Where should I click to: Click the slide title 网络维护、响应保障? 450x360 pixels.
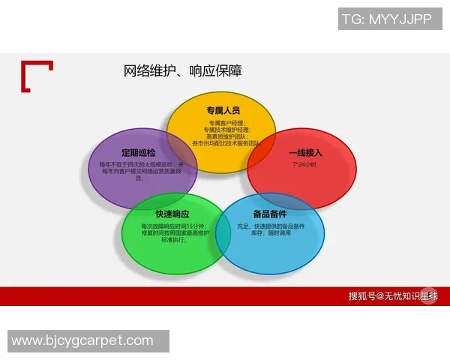pyautogui.click(x=182, y=71)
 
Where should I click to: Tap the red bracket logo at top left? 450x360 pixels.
pyautogui.click(x=36, y=76)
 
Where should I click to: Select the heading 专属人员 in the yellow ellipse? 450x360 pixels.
pyautogui.click(x=223, y=111)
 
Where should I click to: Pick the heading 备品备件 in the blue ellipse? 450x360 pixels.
pyautogui.click(x=270, y=214)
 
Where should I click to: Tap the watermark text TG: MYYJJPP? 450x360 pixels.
pyautogui.click(x=386, y=19)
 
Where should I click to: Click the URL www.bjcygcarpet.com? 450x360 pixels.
pyautogui.click(x=82, y=341)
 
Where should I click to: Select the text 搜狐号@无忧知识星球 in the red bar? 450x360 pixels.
pyautogui.click(x=393, y=295)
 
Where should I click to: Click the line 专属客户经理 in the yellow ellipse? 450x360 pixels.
pyautogui.click(x=223, y=122)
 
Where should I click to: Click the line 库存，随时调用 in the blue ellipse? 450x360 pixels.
pyautogui.click(x=270, y=233)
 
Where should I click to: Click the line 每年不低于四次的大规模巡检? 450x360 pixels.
pyautogui.click(x=141, y=164)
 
